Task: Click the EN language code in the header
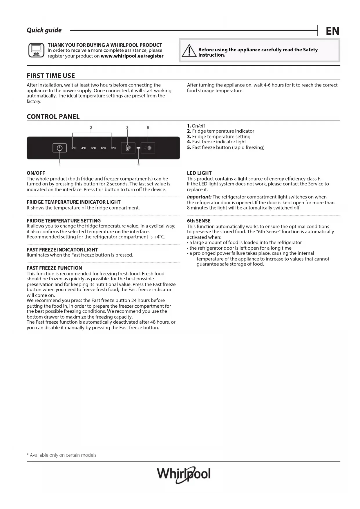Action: pos(332,31)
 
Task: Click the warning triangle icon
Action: pos(189,51)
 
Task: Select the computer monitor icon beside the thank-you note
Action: pos(36,50)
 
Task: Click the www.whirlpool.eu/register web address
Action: pos(132,56)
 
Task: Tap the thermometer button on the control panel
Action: pos(128,148)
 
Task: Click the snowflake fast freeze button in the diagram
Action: pos(148,148)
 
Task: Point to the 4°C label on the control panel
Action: pos(84,148)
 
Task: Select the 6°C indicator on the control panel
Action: pos(103,148)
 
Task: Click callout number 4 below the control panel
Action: pos(138,165)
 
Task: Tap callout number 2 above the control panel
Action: pos(91,128)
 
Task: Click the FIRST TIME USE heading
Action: pos(51,76)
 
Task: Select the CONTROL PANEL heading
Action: pos(53,117)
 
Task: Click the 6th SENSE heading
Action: pos(199,221)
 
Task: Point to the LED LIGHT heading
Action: pos(199,173)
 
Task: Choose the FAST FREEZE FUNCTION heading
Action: pos(54,268)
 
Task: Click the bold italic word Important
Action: pos(199,197)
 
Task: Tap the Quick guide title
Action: pos(44,30)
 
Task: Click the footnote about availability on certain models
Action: pos(61,455)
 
